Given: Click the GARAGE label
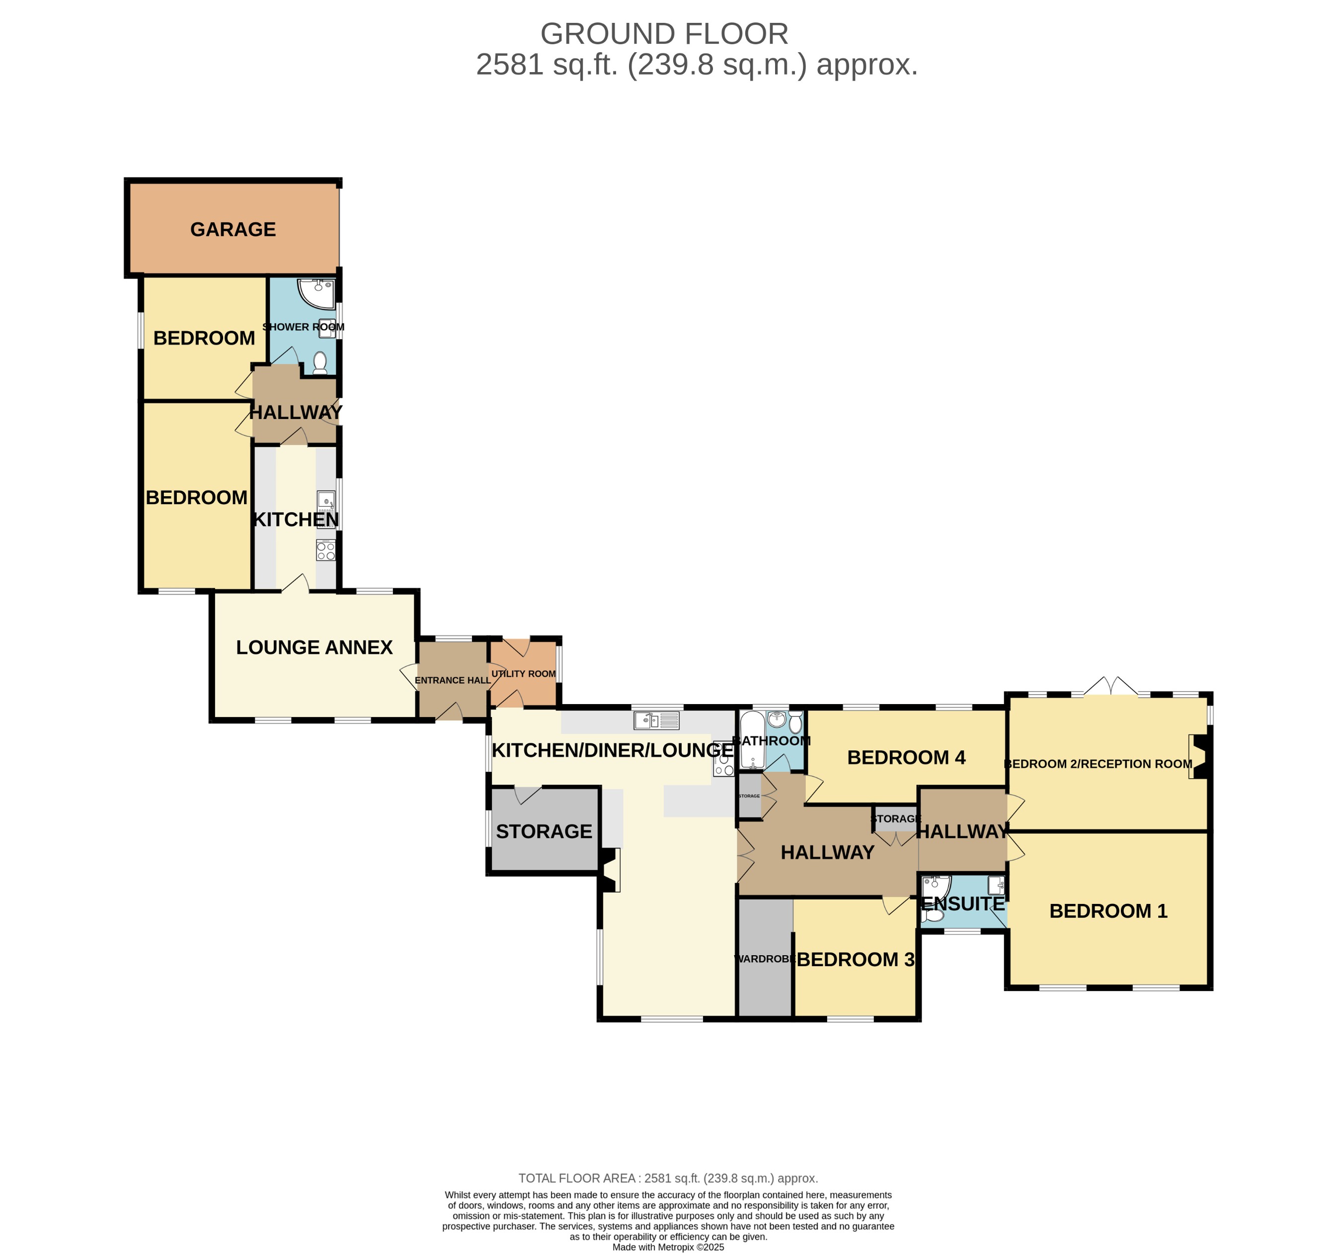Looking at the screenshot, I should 233,230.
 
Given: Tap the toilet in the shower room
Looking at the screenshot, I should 320,362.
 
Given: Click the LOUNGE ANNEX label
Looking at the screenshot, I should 314,647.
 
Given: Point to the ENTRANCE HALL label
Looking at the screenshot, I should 452,680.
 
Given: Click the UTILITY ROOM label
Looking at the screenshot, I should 523,674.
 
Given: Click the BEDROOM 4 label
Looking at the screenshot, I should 906,758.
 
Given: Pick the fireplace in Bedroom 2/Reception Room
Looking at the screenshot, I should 1199,756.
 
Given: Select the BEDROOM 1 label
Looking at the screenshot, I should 1108,911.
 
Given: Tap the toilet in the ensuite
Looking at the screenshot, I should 933,915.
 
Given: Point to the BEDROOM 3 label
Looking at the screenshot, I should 856,960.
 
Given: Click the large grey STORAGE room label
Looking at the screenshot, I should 544,832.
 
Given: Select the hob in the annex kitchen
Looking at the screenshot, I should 325,551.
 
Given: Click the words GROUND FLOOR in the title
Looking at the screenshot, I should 664,34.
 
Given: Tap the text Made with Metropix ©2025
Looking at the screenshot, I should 668,1247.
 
